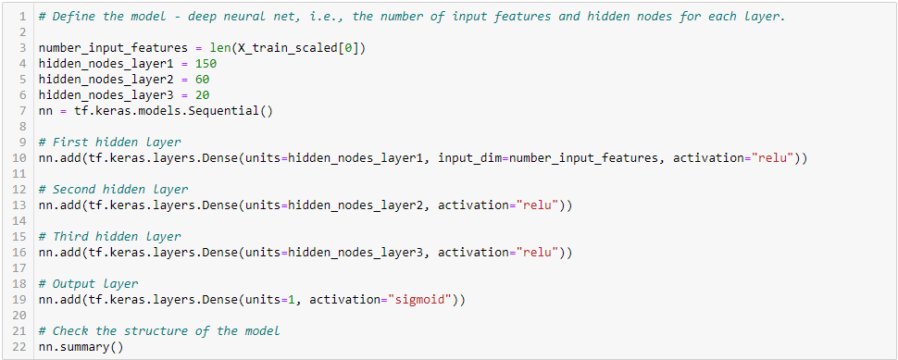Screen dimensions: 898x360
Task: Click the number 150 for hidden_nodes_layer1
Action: pyautogui.click(x=208, y=63)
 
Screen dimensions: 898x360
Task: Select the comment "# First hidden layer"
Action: pyautogui.click(x=110, y=143)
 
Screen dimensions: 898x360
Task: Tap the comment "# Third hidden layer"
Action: pyautogui.click(x=110, y=237)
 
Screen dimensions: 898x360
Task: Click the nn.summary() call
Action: pyautogui.click(x=81, y=347)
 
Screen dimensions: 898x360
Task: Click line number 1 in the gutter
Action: pyautogui.click(x=23, y=17)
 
